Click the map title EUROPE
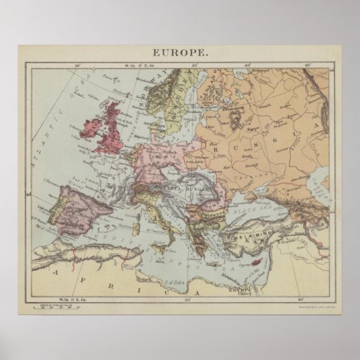tap(180, 52)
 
